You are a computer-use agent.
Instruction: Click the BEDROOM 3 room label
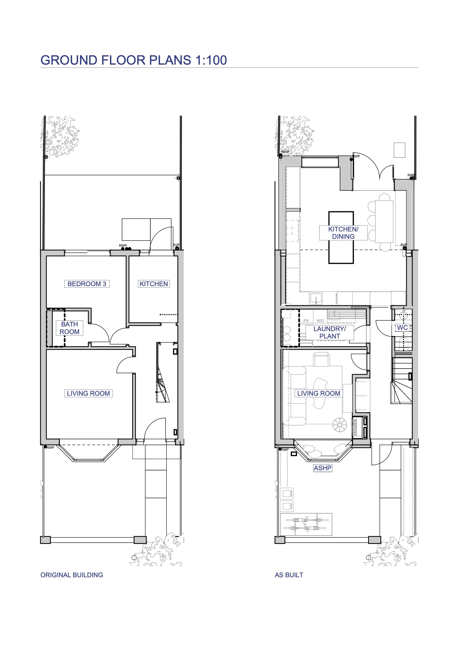87,284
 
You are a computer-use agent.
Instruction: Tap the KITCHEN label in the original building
153,284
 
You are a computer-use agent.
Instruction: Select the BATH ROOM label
69,328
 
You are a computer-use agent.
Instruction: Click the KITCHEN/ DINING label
343,233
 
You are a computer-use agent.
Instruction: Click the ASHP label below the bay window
322,468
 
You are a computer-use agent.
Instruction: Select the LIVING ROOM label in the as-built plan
319,393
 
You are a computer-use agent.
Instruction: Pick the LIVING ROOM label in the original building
88,393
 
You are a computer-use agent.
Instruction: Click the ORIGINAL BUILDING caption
72,575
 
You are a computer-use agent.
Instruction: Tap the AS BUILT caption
289,575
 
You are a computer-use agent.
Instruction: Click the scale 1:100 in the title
211,60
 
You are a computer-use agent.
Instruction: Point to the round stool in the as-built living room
340,425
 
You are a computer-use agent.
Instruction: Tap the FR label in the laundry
306,321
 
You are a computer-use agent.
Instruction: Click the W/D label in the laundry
320,321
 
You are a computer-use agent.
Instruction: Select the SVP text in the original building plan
176,245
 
